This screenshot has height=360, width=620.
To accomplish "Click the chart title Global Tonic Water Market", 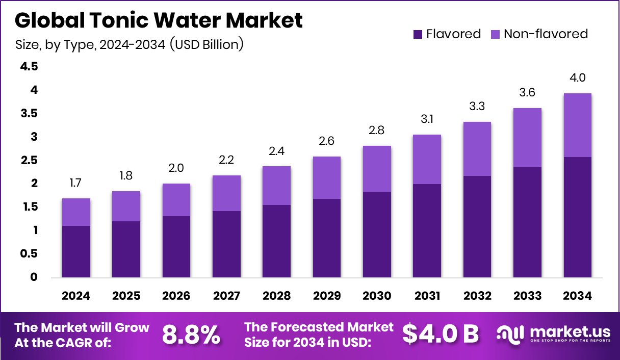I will [x=159, y=20].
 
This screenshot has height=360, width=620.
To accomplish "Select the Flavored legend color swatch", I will [x=418, y=34].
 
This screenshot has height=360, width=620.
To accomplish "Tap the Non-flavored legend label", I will [x=546, y=34].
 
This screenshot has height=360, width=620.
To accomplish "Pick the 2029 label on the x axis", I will [x=326, y=296].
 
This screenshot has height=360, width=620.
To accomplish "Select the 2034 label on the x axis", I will [x=577, y=296].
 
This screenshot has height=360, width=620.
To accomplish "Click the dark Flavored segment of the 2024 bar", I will [x=76, y=252].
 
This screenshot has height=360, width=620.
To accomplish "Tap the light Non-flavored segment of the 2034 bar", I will [x=577, y=125].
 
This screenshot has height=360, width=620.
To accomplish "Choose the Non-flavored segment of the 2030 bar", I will [x=377, y=169].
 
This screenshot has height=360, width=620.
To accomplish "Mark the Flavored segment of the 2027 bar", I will [x=226, y=244].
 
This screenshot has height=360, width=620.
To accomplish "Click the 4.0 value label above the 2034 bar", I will [x=577, y=78].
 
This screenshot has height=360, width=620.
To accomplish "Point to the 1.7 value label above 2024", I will [x=76, y=183].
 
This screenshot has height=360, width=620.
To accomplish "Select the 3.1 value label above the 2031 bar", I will [x=427, y=120].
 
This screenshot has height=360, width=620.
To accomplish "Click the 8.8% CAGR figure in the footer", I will [x=191, y=335].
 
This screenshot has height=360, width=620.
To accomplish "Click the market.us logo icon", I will [x=510, y=334].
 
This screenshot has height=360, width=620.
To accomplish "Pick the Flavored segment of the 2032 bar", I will [x=477, y=227].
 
